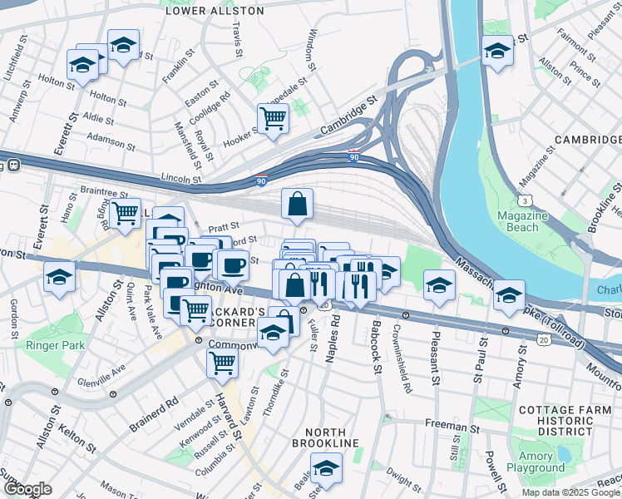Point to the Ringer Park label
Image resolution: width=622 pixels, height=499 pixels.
point(51,345)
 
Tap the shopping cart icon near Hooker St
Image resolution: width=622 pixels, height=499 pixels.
point(273,120)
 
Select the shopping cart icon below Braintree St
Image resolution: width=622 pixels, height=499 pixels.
point(126,213)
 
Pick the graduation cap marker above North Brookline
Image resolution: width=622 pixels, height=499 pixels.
point(326,468)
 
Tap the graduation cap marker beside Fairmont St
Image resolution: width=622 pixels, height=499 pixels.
point(497,52)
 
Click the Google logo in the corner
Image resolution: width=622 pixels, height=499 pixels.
point(27,489)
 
